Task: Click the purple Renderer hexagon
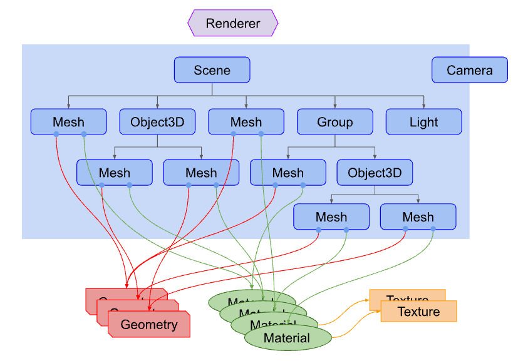click(232, 23)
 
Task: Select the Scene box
click(212, 70)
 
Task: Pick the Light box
click(423, 122)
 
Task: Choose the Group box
click(334, 122)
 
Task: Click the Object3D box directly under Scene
click(157, 122)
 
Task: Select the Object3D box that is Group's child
click(375, 173)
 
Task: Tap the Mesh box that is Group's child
click(287, 173)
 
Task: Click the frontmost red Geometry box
click(148, 325)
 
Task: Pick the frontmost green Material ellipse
click(286, 338)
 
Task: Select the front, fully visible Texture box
click(418, 312)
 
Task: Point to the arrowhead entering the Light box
click(424, 106)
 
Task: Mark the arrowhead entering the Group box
click(335, 106)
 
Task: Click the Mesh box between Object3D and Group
click(246, 122)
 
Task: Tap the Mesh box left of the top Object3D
click(68, 122)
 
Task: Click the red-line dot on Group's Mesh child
click(275, 185)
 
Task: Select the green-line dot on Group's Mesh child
click(303, 185)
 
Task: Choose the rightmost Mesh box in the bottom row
click(418, 217)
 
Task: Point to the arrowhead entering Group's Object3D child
click(375, 157)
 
